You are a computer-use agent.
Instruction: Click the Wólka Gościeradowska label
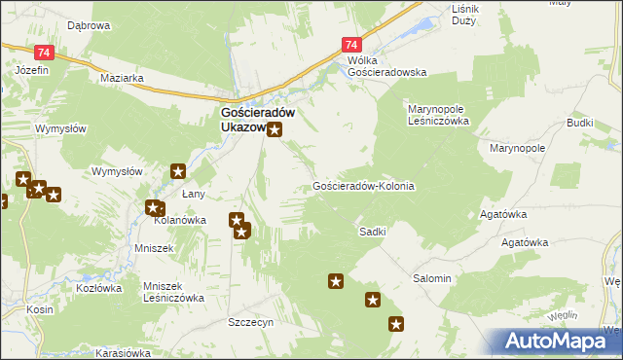pos(387,66)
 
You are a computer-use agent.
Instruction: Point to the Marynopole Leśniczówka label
pos(438,116)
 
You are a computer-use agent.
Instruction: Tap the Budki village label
pos(579,125)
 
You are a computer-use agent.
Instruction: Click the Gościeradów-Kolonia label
pos(364,186)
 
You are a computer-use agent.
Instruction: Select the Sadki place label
pos(373,232)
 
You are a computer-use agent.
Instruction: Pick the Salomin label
pos(432,278)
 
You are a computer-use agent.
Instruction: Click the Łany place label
pos(193,194)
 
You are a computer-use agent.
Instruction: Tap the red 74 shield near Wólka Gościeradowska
pos(352,45)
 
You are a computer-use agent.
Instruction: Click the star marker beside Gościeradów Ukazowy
pos(275,130)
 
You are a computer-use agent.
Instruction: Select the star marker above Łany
pos(178,172)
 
